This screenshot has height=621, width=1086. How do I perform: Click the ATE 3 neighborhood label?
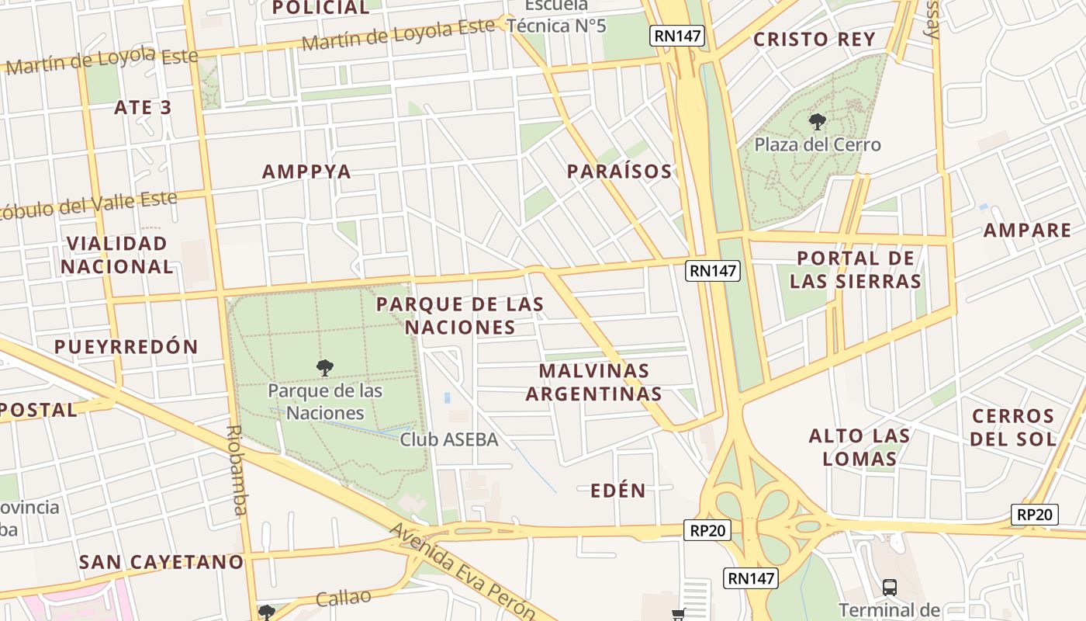(x=143, y=107)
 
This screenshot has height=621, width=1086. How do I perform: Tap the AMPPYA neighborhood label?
(x=306, y=172)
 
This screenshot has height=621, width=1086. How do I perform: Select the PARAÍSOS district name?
(x=619, y=172)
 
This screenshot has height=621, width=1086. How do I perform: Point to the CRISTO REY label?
(x=814, y=40)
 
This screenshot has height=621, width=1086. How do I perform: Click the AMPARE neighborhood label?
(x=1027, y=231)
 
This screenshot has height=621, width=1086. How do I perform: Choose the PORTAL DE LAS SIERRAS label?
(x=856, y=269)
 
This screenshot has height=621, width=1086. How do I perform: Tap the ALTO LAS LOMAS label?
(x=859, y=447)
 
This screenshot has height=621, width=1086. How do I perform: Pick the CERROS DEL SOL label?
(x=1013, y=428)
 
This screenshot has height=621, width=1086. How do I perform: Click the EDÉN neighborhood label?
(x=617, y=491)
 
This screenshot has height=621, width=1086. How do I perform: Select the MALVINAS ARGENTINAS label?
(x=594, y=382)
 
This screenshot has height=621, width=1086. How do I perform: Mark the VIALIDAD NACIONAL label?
(x=117, y=255)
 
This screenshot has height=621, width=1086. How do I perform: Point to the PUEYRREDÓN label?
(x=126, y=346)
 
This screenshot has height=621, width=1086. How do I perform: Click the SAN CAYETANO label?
(x=161, y=561)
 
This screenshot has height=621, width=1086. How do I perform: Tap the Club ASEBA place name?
(x=448, y=439)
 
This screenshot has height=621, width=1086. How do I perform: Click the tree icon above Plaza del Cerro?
(x=817, y=121)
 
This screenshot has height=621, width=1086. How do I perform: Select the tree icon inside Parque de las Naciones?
(x=325, y=367)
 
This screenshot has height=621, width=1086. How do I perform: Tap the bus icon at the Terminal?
(x=889, y=587)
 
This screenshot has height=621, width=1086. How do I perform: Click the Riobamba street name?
(x=237, y=470)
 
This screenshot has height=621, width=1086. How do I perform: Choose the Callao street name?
(x=344, y=598)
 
